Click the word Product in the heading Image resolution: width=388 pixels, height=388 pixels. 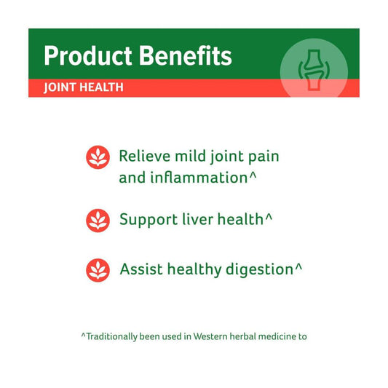(x=88, y=55)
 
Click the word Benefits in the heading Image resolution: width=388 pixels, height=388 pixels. (x=186, y=55)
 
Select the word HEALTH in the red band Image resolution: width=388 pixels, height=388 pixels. (x=101, y=87)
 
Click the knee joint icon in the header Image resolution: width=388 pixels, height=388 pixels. (x=314, y=70)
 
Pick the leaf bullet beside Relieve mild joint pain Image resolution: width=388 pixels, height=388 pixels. (x=98, y=157)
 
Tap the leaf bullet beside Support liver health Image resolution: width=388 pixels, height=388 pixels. (x=98, y=221)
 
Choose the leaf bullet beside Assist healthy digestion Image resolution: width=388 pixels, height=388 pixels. (x=98, y=270)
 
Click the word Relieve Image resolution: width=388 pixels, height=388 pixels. (x=145, y=156)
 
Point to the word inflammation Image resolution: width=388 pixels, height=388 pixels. (x=199, y=177)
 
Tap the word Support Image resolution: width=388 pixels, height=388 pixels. (x=149, y=220)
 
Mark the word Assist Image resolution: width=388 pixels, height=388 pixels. (x=141, y=269)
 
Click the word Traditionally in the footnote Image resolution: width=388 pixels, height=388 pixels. (x=111, y=337)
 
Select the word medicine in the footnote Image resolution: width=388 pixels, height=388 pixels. (x=277, y=336)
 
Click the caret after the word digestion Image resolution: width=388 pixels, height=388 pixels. (x=298, y=266)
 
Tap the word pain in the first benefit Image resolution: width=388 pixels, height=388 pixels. (x=264, y=157)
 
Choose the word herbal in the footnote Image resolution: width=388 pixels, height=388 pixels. (x=242, y=336)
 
